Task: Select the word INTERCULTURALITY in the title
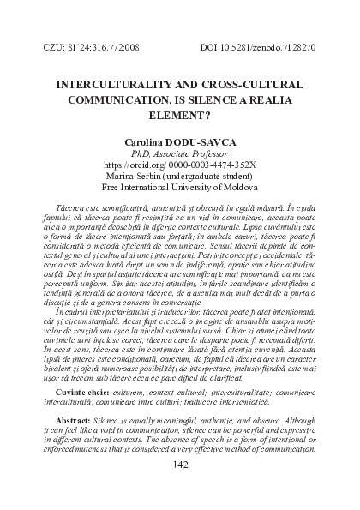112,87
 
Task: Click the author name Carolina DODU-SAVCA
180,147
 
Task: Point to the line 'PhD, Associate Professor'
180,159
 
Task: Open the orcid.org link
180,171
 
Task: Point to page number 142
180,489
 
